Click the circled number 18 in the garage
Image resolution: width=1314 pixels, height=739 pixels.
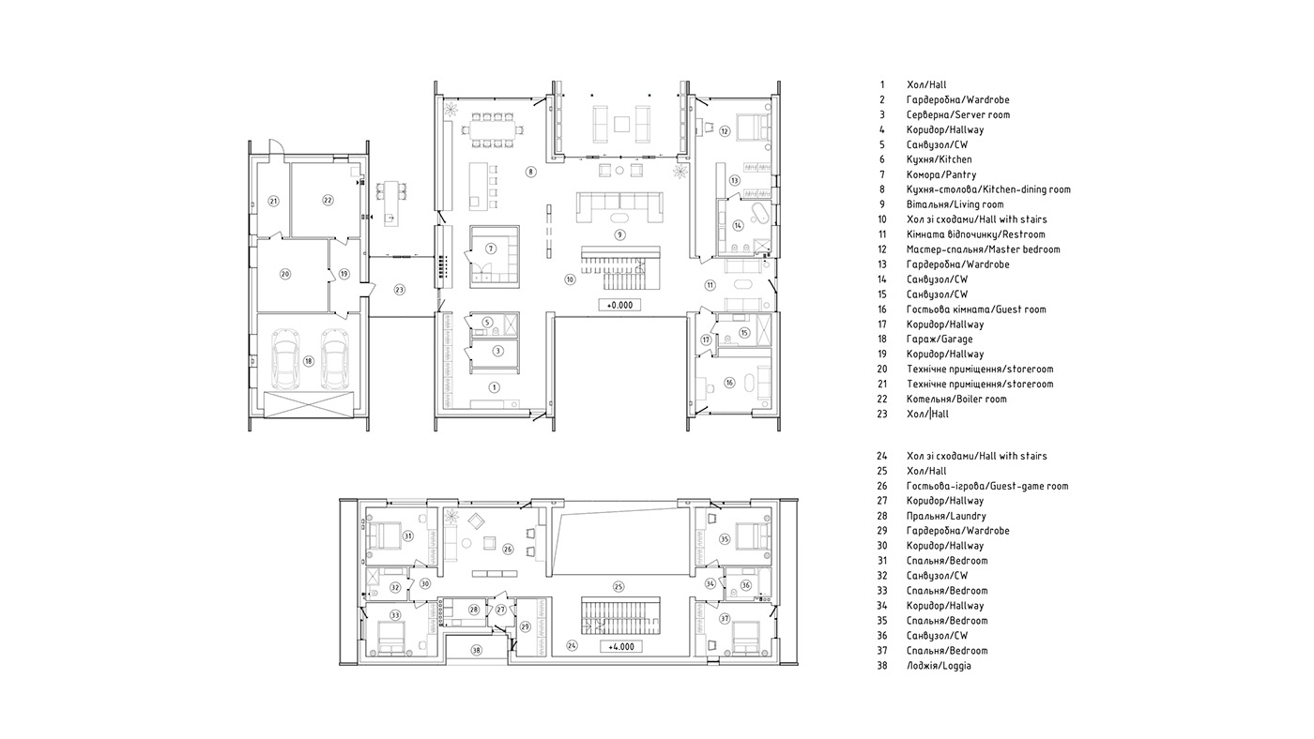click(x=308, y=361)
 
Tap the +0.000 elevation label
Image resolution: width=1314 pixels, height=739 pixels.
click(x=619, y=305)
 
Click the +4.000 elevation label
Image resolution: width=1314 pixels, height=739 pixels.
click(x=619, y=646)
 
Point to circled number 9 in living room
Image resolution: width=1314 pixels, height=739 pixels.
click(x=619, y=234)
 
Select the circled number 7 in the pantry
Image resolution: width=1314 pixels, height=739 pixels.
click(x=490, y=249)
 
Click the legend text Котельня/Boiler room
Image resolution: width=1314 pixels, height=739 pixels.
click(x=955, y=399)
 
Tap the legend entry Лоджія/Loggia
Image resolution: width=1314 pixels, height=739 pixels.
click(x=939, y=665)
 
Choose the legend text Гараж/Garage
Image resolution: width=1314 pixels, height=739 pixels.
click(x=940, y=339)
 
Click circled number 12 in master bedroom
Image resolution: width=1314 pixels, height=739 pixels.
click(x=725, y=131)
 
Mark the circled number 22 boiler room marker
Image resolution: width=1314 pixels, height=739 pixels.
click(x=328, y=199)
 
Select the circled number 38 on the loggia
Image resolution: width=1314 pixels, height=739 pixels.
click(x=476, y=650)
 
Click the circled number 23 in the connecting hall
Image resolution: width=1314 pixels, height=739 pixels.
click(x=400, y=290)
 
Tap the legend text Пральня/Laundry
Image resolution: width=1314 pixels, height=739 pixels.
click(x=945, y=515)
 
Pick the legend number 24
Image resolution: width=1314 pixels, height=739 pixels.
click(x=882, y=456)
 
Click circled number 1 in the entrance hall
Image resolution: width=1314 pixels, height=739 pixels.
click(x=495, y=386)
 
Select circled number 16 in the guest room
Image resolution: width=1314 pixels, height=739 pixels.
click(x=728, y=383)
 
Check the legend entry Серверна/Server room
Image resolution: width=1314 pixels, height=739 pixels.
click(x=957, y=114)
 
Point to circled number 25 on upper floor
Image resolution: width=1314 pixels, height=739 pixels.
click(x=619, y=587)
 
